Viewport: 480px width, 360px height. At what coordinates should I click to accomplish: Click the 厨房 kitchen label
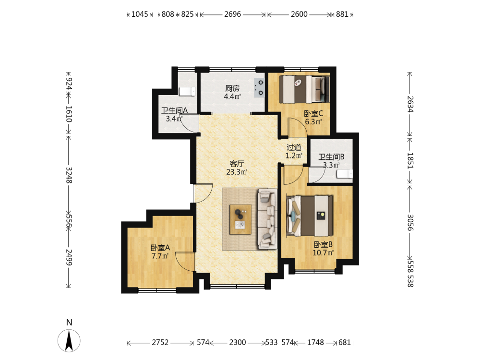tap(232, 88)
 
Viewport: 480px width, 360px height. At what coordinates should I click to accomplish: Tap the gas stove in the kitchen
tap(259, 87)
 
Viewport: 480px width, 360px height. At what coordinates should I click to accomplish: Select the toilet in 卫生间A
tap(187, 91)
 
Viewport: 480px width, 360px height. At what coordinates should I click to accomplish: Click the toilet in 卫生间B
tap(345, 174)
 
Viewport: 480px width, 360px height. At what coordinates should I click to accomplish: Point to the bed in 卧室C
tap(304, 89)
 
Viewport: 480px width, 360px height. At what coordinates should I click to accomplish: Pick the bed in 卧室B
tap(310, 216)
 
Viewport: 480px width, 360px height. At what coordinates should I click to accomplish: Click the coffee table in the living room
tap(240, 219)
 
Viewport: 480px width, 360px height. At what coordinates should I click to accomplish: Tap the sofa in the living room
tap(267, 219)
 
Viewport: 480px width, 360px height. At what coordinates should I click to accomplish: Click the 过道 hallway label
tap(294, 147)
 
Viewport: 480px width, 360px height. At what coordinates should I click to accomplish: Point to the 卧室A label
tap(160, 248)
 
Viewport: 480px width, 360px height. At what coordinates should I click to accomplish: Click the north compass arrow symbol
tap(69, 340)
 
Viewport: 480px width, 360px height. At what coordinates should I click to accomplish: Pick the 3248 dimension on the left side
tap(69, 175)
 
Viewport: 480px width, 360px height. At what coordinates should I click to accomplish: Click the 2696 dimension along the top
tap(233, 14)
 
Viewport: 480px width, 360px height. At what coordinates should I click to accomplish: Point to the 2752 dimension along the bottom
tap(160, 342)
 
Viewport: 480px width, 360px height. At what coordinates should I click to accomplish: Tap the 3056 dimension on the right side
tap(410, 223)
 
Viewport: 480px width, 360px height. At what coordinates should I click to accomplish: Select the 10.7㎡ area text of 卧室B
tap(323, 253)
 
